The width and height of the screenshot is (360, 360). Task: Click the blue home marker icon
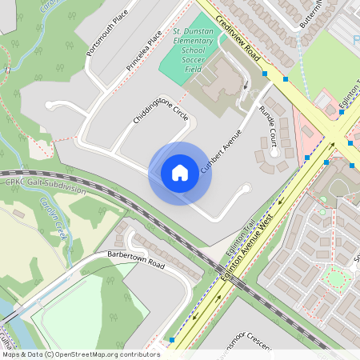(180, 173)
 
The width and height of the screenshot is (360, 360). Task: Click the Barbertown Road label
(135, 261)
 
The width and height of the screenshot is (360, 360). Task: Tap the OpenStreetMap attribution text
(81, 354)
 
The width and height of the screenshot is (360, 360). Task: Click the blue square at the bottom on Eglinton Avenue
(172, 341)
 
